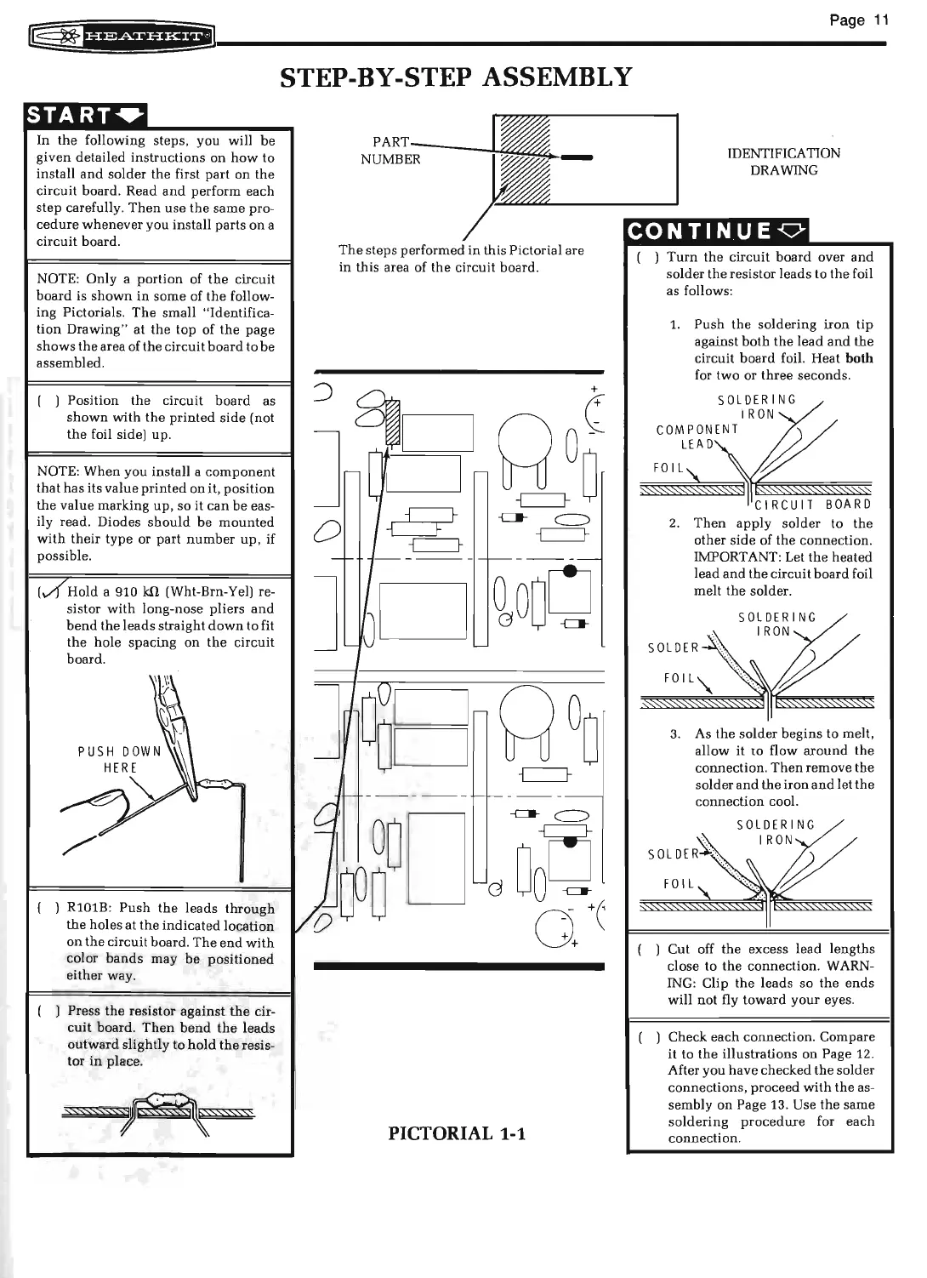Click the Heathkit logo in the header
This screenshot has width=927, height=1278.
[x=122, y=37]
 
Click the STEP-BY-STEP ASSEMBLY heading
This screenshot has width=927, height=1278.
[x=457, y=77]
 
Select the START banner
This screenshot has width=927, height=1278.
[x=87, y=115]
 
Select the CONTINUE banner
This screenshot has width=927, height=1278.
[x=718, y=231]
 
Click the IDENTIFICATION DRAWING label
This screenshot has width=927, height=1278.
[x=783, y=162]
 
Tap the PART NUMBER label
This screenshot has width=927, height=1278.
[x=390, y=151]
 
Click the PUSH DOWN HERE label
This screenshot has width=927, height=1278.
[x=119, y=760]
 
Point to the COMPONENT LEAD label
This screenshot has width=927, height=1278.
[x=697, y=437]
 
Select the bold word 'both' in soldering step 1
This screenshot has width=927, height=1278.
[x=860, y=358]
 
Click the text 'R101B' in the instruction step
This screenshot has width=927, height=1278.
[x=86, y=909]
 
